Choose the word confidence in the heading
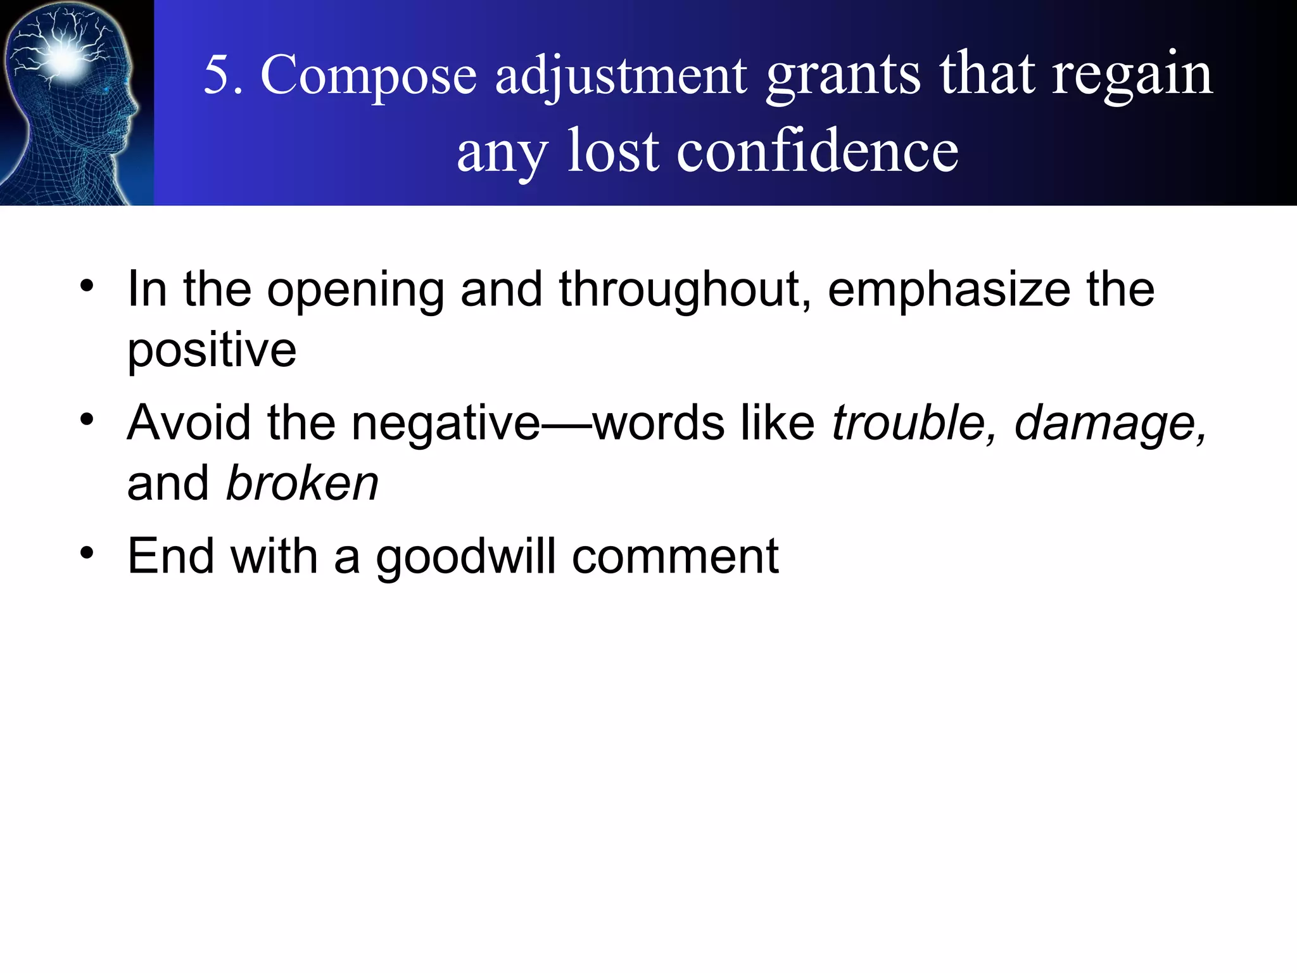point(818,152)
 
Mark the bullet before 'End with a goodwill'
point(87,552)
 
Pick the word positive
point(212,350)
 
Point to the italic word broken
point(302,484)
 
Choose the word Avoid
point(189,423)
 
